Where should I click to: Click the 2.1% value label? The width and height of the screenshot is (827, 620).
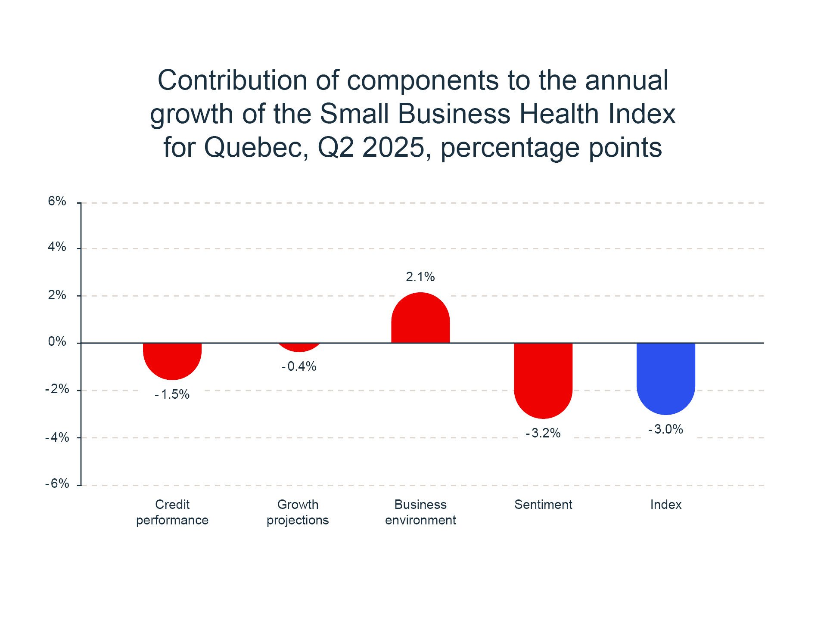420,277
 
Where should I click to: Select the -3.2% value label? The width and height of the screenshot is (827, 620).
543,433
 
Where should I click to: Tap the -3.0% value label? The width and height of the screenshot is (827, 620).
665,429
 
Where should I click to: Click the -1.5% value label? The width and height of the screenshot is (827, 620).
172,394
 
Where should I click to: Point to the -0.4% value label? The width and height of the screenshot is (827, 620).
299,366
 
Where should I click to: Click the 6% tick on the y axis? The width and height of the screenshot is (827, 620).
57,201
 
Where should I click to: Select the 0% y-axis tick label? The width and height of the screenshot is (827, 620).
57,342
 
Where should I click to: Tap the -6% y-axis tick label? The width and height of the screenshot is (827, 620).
57,484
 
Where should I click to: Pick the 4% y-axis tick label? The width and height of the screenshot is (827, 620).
57,247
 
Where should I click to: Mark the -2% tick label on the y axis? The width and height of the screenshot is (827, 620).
57,389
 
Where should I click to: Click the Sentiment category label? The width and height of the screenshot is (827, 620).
543,505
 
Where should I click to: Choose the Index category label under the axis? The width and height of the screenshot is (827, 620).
665,505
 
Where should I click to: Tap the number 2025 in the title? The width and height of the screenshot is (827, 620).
393,148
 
